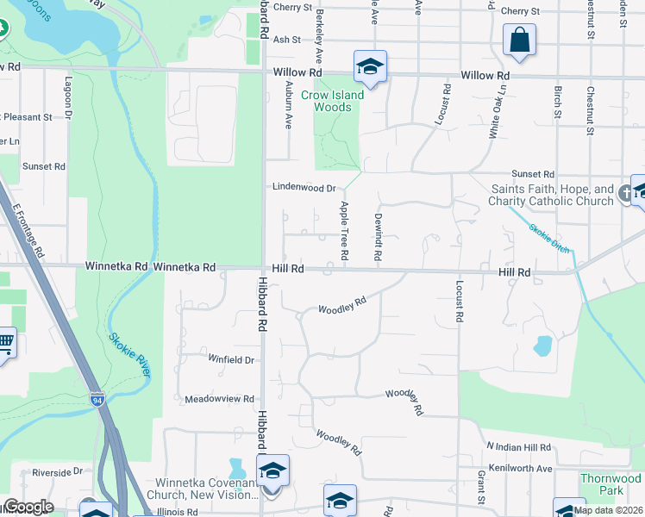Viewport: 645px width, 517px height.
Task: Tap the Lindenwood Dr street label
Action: point(303,186)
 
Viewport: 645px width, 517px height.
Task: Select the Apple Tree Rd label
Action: point(343,230)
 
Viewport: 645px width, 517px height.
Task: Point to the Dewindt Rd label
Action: point(378,234)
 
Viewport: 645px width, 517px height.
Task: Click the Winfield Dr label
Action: point(231,359)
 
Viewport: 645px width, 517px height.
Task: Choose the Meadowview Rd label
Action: point(219,399)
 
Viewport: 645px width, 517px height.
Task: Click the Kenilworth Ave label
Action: point(520,468)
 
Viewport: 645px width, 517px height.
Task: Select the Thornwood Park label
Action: point(611,484)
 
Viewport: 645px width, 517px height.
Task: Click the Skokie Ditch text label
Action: point(549,234)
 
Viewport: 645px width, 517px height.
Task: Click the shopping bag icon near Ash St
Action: point(519,40)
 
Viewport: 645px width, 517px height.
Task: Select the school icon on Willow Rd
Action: point(370,66)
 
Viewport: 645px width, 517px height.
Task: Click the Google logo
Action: point(28,507)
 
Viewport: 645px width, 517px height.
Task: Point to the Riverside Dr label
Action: point(57,472)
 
